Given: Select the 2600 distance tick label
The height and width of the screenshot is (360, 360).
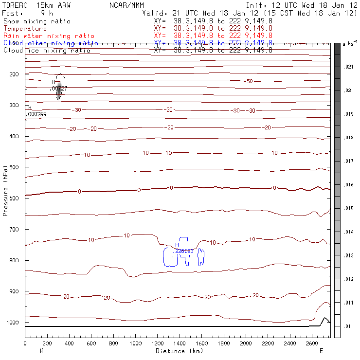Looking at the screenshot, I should coord(312,343).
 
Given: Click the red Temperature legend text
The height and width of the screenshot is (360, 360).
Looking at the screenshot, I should coord(25,29).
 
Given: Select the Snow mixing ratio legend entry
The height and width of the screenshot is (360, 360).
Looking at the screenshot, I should coord(37,21).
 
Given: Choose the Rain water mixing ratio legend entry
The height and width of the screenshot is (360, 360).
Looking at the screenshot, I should coord(49,36).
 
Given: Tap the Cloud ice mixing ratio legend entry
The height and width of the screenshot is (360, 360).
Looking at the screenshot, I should coord(47,50).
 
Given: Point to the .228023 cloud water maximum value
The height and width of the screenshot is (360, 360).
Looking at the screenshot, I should coord(184,251).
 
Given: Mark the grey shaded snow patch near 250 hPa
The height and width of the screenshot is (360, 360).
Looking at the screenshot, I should coord(59,90).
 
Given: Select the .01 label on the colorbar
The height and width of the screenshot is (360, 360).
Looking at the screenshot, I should coord(348,326).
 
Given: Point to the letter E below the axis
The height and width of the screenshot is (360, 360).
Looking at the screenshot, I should coord(321,351).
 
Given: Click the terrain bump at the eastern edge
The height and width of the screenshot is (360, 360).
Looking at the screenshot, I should coord(324,319).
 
